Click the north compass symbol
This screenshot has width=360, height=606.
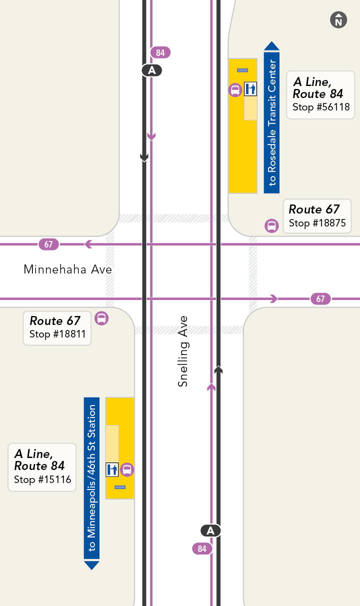tap(338, 20)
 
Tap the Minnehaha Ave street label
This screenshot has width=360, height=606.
tap(68, 270)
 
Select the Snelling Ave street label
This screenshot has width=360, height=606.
tap(183, 351)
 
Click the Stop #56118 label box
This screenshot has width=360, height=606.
tap(320, 95)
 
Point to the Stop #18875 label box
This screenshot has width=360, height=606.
tap(317, 216)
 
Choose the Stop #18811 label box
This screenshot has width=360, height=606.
tap(57, 328)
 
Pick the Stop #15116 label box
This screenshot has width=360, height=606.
tap(42, 467)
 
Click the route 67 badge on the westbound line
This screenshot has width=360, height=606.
tap(48, 244)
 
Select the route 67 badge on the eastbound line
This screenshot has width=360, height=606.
tap(320, 299)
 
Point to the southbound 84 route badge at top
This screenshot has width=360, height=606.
tap(160, 52)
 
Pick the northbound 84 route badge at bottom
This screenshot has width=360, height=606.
tap(202, 548)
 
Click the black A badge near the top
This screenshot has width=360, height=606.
tap(152, 70)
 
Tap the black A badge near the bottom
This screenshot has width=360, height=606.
tap(210, 530)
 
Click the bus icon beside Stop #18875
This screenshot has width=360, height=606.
tap(271, 225)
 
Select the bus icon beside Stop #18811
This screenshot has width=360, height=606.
tap(101, 318)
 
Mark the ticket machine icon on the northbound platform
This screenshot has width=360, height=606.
tap(250, 89)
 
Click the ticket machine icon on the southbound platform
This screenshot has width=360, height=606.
tap(112, 469)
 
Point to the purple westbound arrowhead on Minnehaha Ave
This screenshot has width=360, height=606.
tap(88, 244)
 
